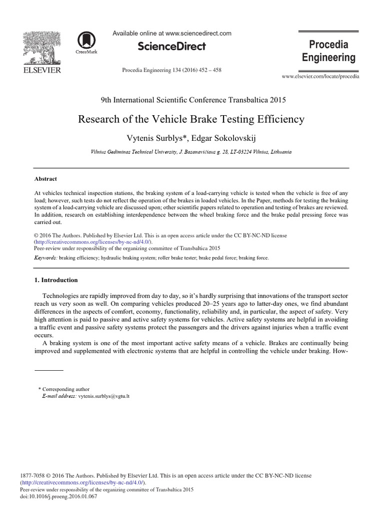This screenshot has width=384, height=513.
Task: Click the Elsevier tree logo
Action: tap(42, 48)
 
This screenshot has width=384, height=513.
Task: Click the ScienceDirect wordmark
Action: tap(172, 47)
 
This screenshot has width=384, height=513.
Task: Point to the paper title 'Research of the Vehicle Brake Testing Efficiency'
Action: tap(191, 120)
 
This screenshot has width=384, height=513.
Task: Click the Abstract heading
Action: tap(45, 179)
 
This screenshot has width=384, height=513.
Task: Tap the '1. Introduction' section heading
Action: tap(56, 280)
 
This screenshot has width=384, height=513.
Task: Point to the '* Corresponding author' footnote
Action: tap(63, 389)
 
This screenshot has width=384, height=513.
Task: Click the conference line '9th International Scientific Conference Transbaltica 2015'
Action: tap(191, 100)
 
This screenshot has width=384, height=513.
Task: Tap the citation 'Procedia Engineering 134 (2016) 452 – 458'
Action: tap(171, 70)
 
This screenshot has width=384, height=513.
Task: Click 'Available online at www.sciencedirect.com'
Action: tap(172, 34)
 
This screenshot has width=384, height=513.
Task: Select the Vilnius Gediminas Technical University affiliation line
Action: tap(191, 151)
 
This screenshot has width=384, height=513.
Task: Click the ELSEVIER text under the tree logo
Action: tap(42, 70)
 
